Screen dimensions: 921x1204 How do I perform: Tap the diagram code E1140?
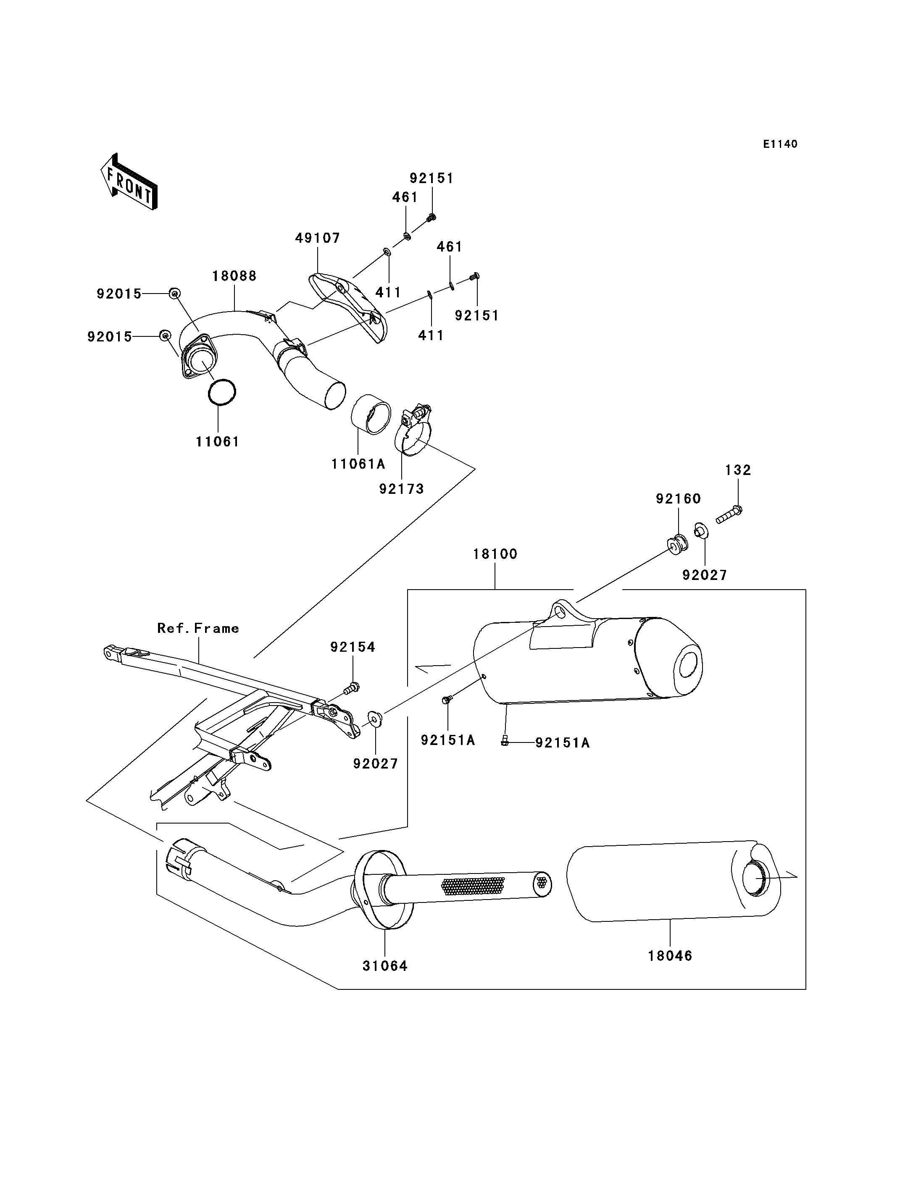780,144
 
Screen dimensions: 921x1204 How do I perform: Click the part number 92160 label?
679,499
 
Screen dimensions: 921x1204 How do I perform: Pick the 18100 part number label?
495,554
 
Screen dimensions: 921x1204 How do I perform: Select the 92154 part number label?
353,647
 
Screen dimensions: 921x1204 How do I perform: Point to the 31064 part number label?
385,966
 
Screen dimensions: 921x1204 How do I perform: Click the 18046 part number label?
670,956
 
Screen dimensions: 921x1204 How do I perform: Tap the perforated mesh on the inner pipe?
473,886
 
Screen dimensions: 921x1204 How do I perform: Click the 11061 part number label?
218,442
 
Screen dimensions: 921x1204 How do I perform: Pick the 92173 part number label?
401,489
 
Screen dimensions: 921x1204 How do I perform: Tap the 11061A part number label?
358,464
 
